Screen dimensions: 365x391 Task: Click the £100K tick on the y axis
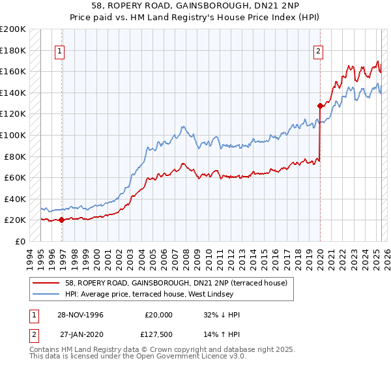point(13,135)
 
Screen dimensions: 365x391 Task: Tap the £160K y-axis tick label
point(13,71)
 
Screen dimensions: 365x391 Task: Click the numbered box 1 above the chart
point(60,52)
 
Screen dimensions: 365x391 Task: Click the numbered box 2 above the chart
point(319,52)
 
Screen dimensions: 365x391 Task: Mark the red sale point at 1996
point(62,220)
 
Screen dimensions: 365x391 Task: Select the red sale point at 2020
point(320,106)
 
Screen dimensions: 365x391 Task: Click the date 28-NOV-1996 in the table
point(81,315)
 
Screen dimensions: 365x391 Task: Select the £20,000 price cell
point(159,315)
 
